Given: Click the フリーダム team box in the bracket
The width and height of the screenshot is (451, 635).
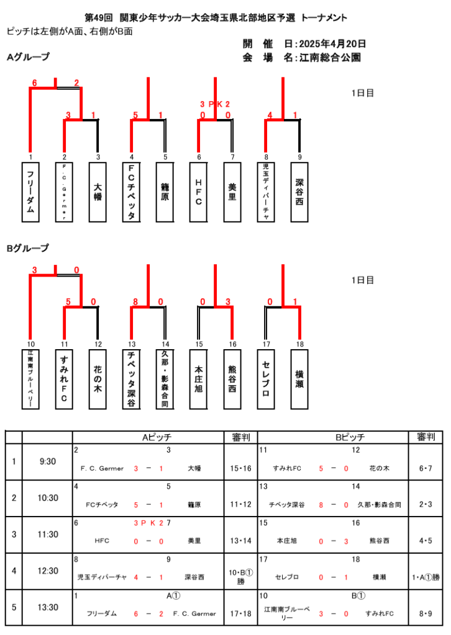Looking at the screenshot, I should click(30, 192).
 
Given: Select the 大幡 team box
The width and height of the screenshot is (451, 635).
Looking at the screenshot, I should click(98, 192).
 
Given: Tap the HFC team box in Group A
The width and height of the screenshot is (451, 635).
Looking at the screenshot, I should click(198, 192).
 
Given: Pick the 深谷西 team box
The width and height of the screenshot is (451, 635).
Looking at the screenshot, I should click(299, 192).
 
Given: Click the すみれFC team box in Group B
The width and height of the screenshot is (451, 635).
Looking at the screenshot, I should click(64, 379).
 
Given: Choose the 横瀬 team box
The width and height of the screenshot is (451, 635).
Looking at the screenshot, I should click(299, 379).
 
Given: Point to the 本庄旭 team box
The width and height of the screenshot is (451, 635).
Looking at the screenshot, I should click(198, 379).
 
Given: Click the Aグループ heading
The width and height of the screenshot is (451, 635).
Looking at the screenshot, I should click(28, 58).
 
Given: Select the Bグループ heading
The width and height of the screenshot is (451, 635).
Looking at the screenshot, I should click(28, 248).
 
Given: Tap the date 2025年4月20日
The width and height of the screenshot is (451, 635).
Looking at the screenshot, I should click(332, 44).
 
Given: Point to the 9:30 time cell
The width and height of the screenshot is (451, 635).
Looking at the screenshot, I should click(47, 461).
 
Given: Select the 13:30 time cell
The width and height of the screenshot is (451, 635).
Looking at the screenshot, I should click(47, 607).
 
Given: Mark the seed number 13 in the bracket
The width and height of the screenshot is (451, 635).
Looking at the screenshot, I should click(132, 344).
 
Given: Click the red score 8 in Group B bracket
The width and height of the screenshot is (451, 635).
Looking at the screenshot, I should click(135, 302).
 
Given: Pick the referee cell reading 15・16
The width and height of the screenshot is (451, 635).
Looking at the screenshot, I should click(240, 468).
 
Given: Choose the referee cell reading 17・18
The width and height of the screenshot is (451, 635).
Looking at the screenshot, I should click(240, 614).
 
